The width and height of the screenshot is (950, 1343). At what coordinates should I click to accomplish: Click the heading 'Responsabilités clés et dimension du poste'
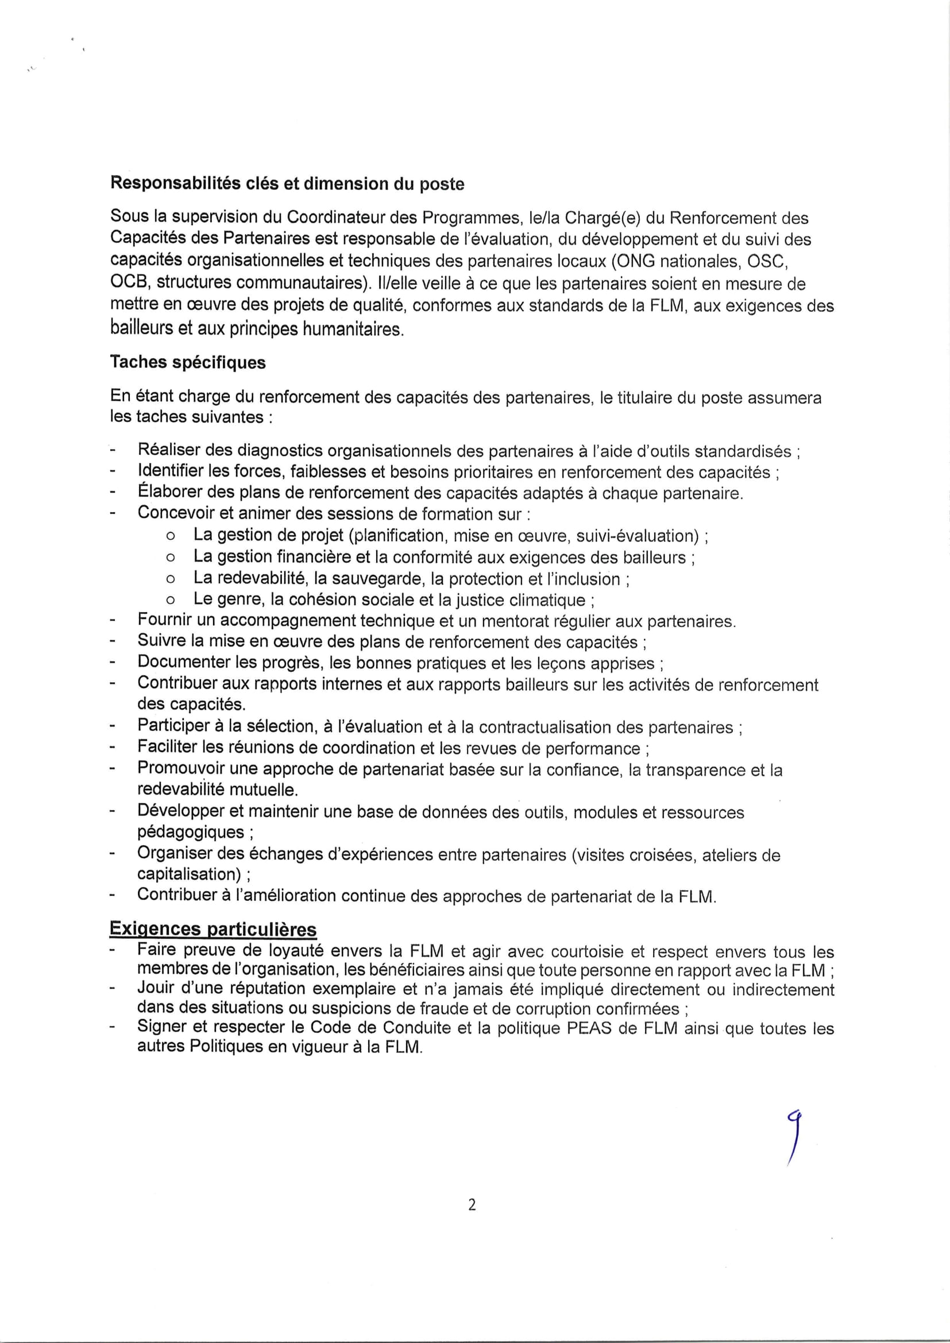(x=287, y=184)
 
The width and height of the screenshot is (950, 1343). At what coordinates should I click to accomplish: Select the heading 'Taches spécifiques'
(x=187, y=363)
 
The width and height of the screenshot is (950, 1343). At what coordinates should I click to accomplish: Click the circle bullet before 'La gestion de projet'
(x=170, y=536)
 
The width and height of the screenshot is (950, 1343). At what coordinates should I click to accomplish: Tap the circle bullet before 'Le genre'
(x=170, y=600)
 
